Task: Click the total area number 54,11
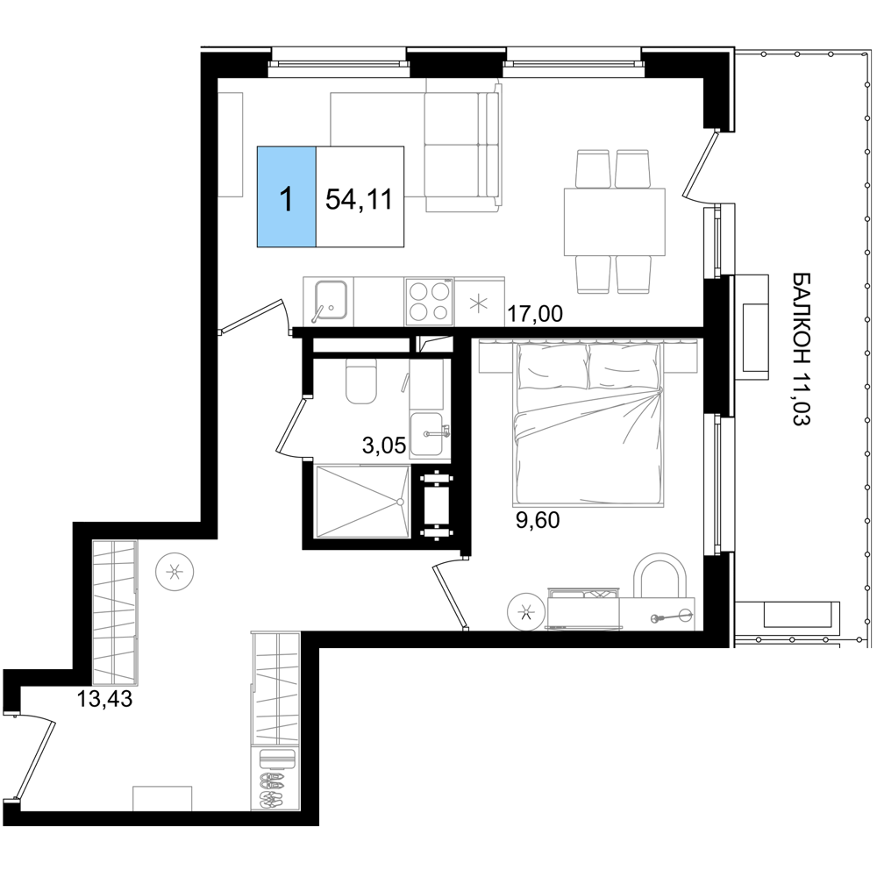(x=359, y=199)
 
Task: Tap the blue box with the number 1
(x=287, y=196)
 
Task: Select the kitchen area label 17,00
(x=535, y=314)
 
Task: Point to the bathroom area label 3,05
(x=384, y=446)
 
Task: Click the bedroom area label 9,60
(x=537, y=521)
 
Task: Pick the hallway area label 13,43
(x=104, y=699)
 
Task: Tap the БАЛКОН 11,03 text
(x=801, y=350)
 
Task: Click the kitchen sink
(x=332, y=301)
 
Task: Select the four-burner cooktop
(x=429, y=301)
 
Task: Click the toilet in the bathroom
(x=360, y=381)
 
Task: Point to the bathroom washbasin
(x=430, y=435)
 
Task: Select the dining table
(x=615, y=222)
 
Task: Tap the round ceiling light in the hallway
(x=175, y=572)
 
